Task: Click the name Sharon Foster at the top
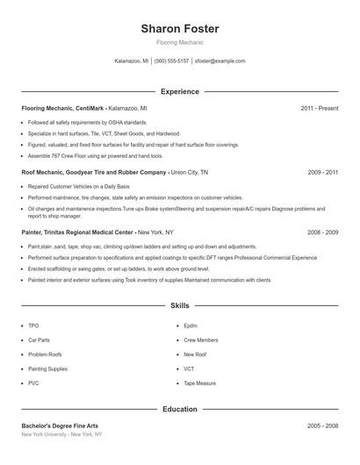coord(180,29)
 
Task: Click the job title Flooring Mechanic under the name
coord(180,42)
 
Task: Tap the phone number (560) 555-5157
coord(171,61)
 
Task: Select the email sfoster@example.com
coord(220,61)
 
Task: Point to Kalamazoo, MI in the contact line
coord(132,61)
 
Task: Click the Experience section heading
coord(180,91)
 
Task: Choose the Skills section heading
coord(180,306)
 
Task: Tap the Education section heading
coord(180,409)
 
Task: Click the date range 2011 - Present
coord(319,108)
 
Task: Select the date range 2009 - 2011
coord(323,173)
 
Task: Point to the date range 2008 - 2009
coord(323,232)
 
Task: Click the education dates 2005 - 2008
coord(323,426)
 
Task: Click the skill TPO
coord(33,325)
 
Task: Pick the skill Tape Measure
coord(199,383)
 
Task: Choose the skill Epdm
coord(191,325)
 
